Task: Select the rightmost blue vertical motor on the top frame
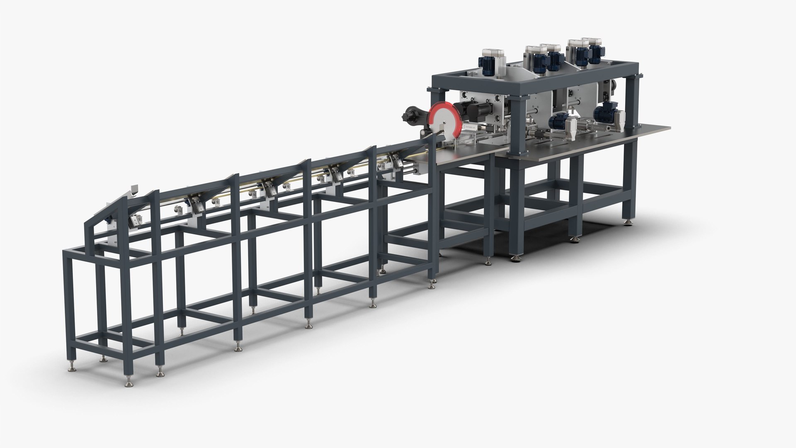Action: click(x=595, y=54)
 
